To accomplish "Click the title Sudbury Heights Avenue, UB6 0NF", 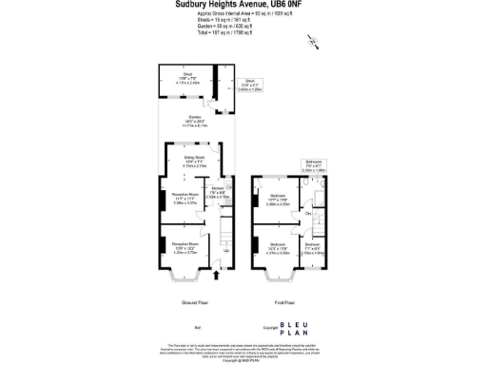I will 243,5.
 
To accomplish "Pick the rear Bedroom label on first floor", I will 276,201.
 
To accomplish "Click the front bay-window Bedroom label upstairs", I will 277,249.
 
